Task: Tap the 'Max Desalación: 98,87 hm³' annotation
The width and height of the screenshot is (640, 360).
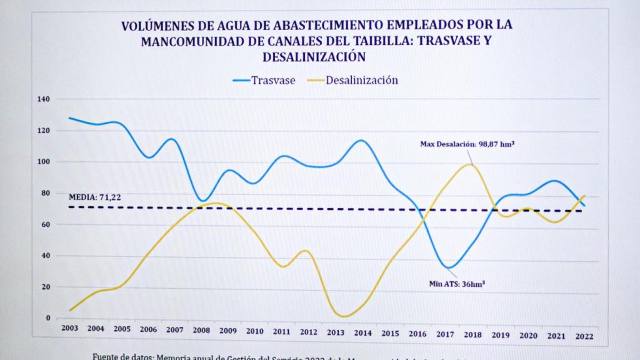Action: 468,144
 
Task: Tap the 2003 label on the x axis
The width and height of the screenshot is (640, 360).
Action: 69,329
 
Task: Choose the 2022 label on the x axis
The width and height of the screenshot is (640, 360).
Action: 584,336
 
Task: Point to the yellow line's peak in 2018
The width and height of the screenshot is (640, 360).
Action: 470,164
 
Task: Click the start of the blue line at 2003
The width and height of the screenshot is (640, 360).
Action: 69,117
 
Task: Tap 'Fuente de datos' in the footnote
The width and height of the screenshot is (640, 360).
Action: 123,356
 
